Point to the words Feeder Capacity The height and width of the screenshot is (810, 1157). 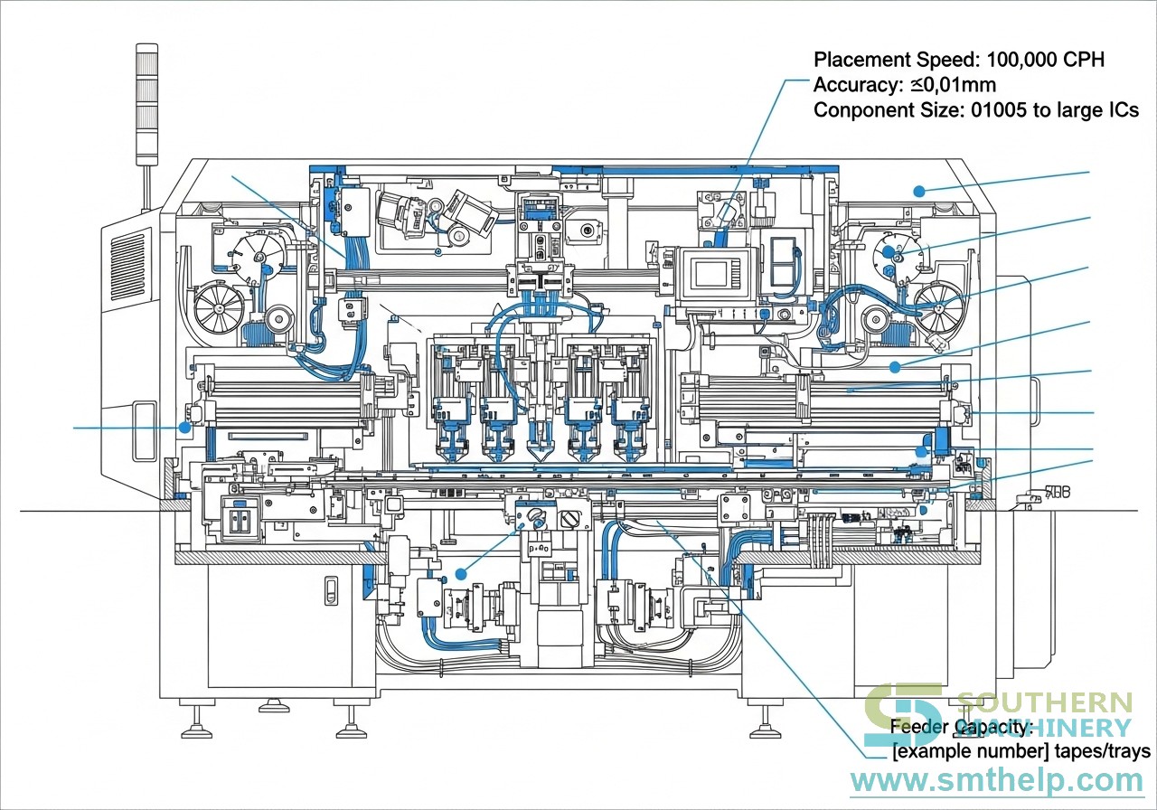pyautogui.click(x=961, y=727)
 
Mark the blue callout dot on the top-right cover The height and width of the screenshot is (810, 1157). pyautogui.click(x=919, y=191)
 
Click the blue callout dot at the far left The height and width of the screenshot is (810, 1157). pyautogui.click(x=183, y=427)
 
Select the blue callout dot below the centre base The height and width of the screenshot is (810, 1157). pyautogui.click(x=461, y=573)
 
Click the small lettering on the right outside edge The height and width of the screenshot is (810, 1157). pyautogui.click(x=1057, y=493)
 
